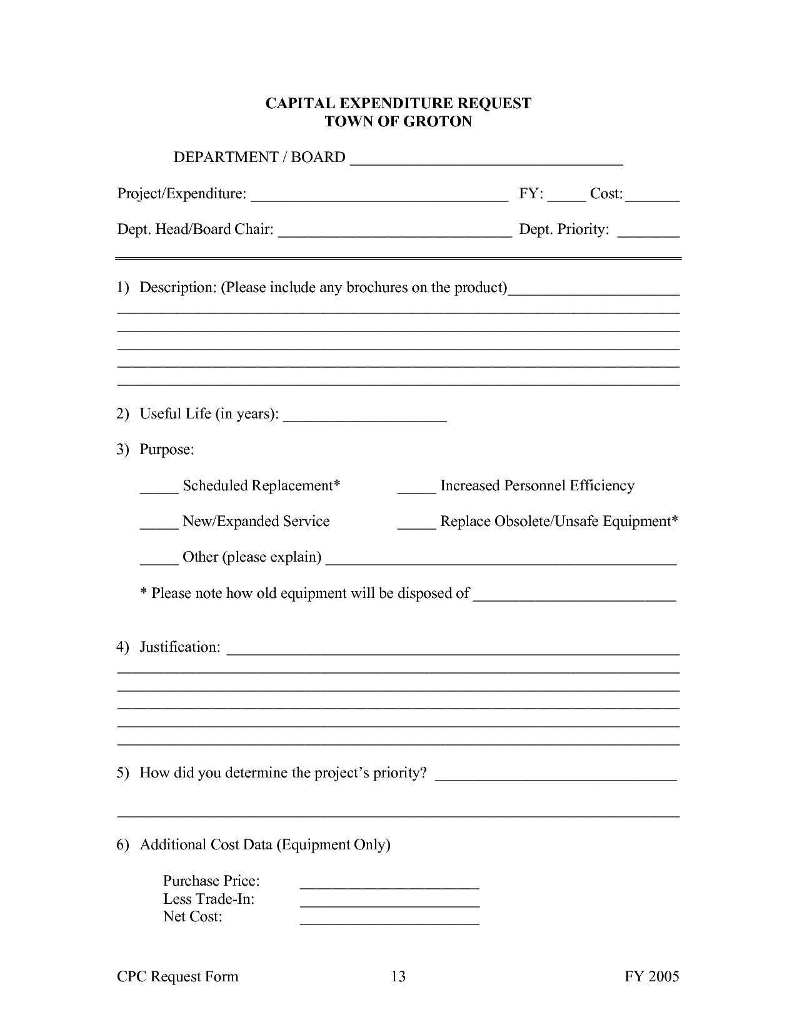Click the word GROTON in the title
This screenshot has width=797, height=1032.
point(437,121)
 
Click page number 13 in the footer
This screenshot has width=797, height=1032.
point(398,976)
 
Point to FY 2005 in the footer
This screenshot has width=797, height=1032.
point(651,976)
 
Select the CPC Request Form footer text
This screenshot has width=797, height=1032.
point(178,976)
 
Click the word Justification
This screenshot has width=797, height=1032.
point(179,647)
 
